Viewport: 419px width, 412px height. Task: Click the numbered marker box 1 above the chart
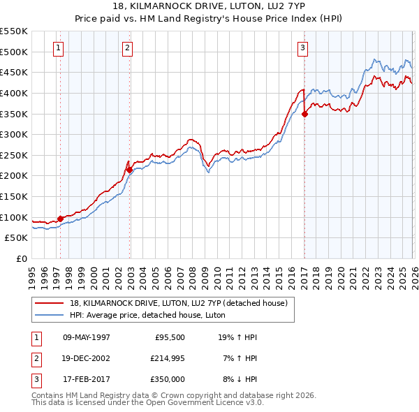click(x=57, y=48)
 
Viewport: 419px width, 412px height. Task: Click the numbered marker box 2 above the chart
click(x=127, y=48)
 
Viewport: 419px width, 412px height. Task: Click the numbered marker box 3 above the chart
click(x=302, y=48)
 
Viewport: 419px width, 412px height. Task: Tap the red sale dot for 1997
click(x=60, y=219)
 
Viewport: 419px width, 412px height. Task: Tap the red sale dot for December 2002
click(x=130, y=170)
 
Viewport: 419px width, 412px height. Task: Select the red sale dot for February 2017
click(x=304, y=115)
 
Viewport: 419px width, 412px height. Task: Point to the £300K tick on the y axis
click(x=14, y=134)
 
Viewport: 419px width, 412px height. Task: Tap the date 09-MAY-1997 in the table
click(x=87, y=337)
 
